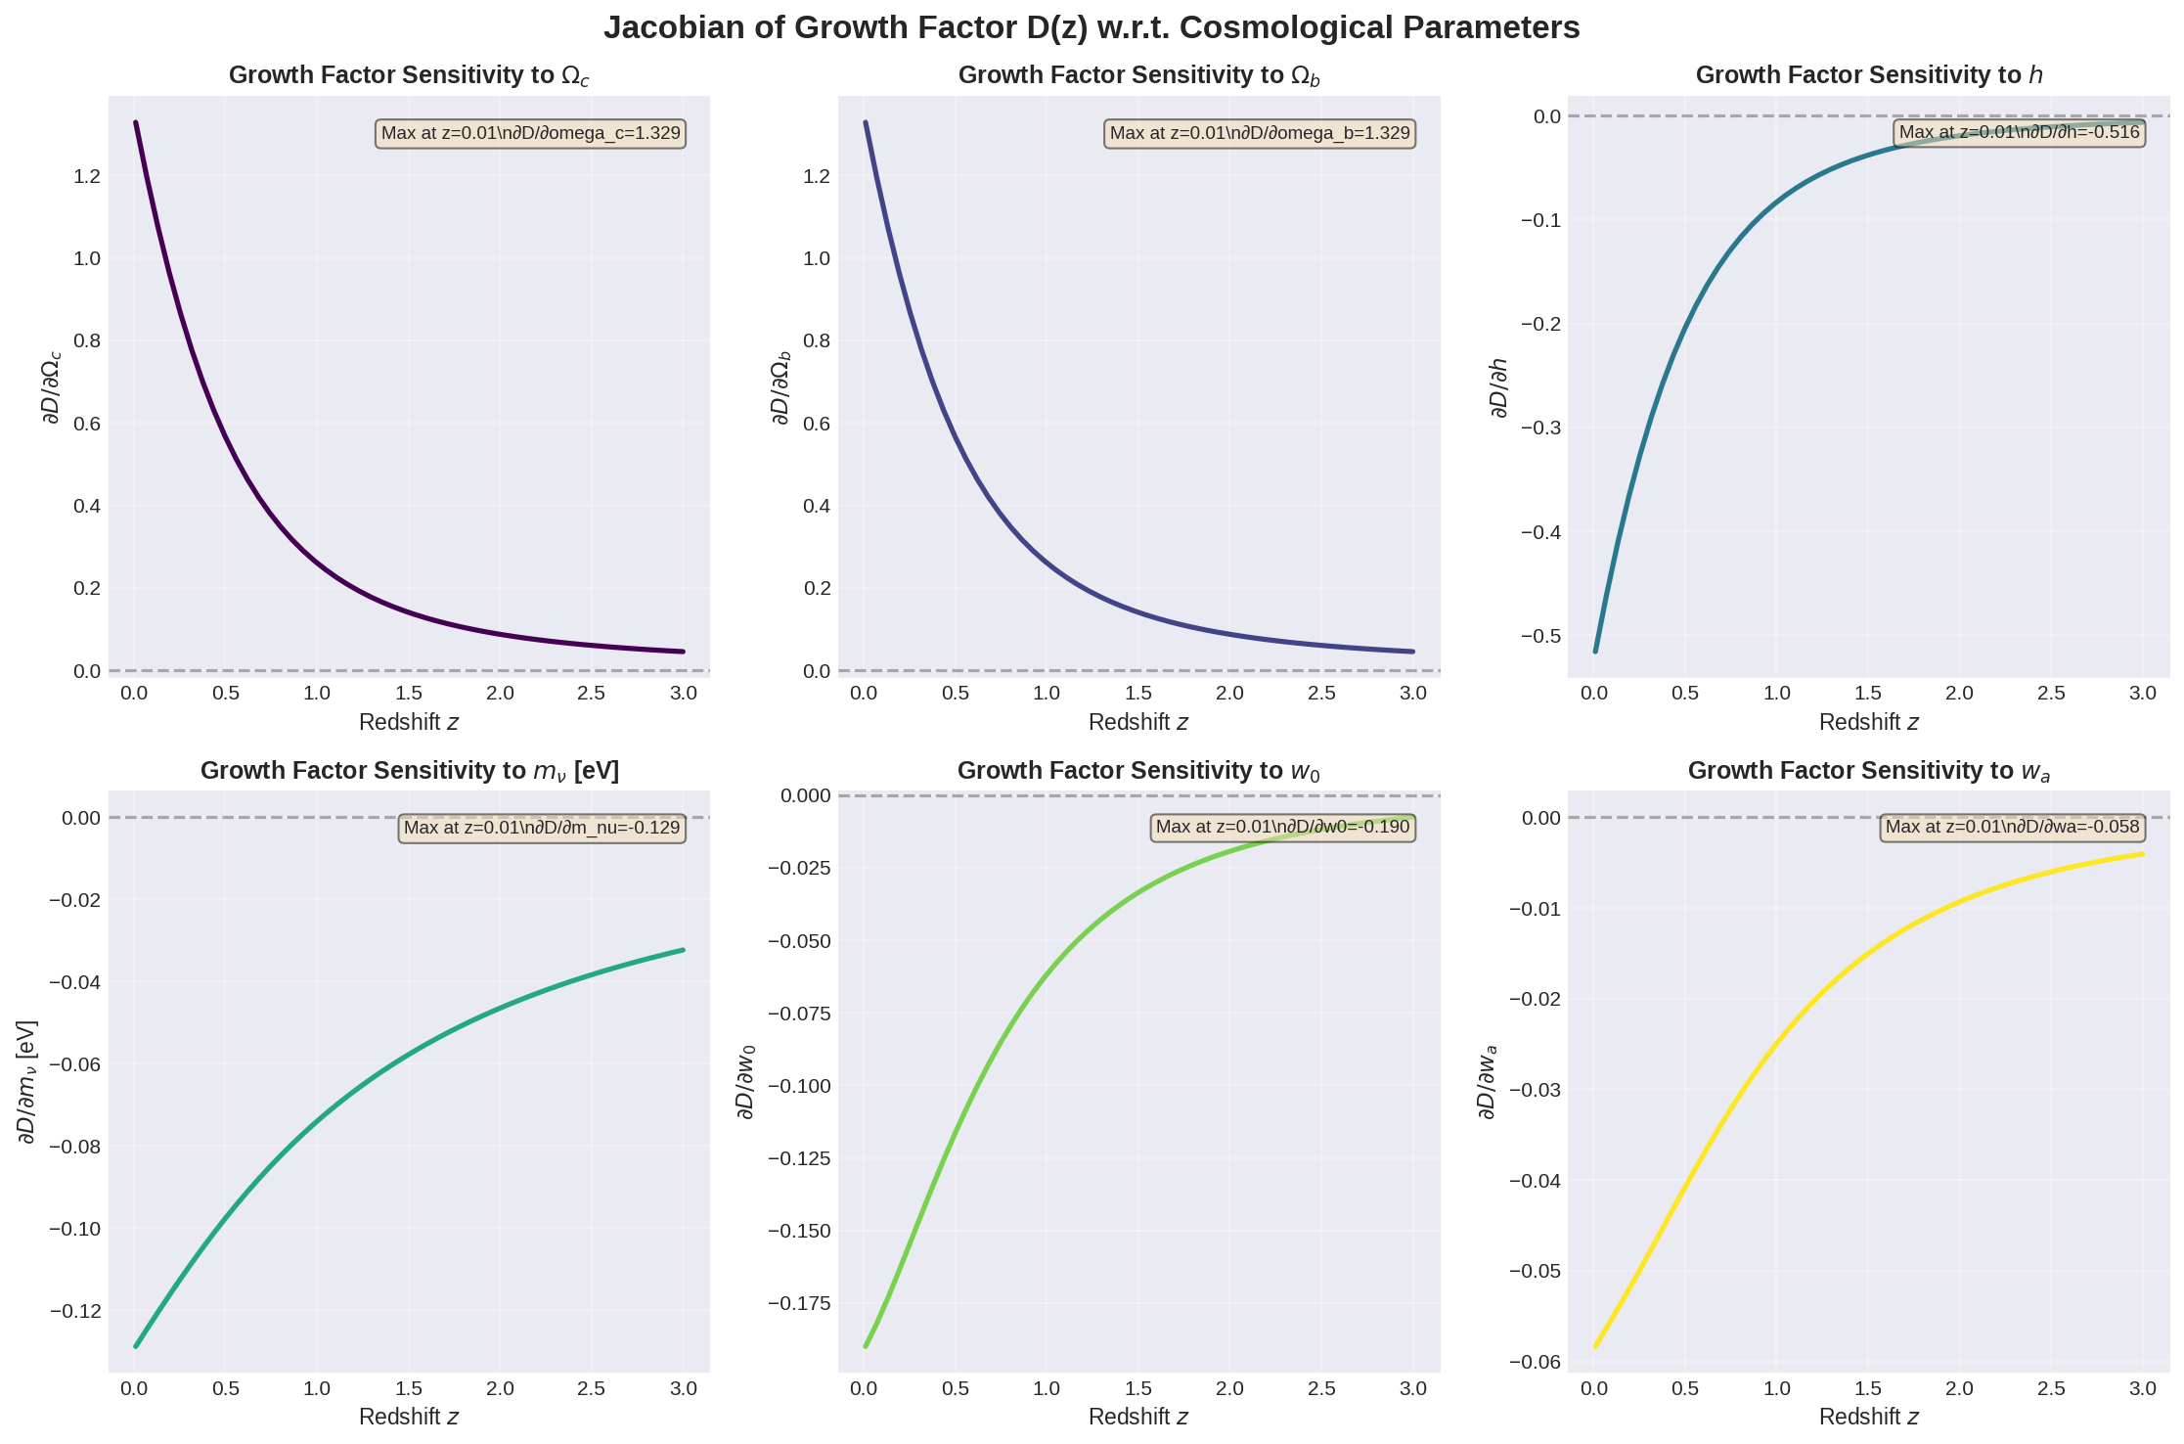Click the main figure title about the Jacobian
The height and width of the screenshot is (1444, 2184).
point(1092,27)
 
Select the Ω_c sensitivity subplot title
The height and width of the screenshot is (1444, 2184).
point(409,75)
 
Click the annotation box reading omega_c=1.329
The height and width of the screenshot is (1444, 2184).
point(530,133)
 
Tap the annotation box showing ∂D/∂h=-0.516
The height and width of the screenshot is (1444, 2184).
point(2019,132)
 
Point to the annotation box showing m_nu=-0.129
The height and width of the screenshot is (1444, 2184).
point(542,828)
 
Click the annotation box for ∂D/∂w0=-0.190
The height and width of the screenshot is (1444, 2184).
point(1282,827)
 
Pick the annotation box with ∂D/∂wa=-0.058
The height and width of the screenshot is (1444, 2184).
point(2012,827)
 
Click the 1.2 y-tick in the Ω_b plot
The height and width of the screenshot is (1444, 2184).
point(817,176)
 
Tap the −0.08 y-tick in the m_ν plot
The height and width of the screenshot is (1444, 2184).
point(74,1147)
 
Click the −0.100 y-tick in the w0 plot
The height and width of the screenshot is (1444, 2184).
point(799,1086)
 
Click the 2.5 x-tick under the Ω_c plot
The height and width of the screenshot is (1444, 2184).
point(591,694)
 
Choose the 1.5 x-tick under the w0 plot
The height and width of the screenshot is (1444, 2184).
point(1138,1388)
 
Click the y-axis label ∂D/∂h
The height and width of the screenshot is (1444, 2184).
point(1498,387)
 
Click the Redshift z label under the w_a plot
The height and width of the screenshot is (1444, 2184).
point(1868,1417)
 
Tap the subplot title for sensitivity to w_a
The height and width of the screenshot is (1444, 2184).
point(1868,771)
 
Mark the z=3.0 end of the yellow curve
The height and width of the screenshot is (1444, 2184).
point(2143,854)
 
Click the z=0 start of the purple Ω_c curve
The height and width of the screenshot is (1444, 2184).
point(136,123)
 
